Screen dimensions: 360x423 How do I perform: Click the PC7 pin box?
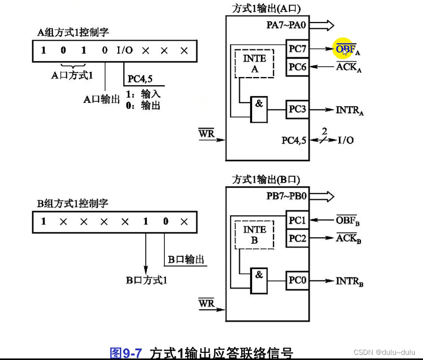click(x=297, y=49)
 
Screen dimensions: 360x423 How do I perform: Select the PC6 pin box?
click(x=297, y=67)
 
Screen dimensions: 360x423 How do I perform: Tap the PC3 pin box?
click(x=297, y=109)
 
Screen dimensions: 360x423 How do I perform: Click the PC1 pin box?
click(x=297, y=221)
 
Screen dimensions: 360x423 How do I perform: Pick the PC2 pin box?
click(x=297, y=238)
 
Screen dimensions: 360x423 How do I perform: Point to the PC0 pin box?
click(x=297, y=281)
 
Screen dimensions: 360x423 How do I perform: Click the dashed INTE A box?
click(x=255, y=64)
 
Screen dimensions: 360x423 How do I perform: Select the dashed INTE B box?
click(x=255, y=235)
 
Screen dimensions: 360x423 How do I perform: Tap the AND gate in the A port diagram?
click(x=259, y=109)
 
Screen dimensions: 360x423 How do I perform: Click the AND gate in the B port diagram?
click(x=259, y=281)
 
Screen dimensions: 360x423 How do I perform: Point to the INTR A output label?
click(x=349, y=110)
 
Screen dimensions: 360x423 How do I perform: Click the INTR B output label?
click(x=349, y=281)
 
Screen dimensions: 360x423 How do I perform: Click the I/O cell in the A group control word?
click(x=125, y=51)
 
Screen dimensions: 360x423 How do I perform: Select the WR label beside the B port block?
click(x=206, y=304)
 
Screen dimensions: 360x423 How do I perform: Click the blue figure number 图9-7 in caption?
click(x=126, y=353)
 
